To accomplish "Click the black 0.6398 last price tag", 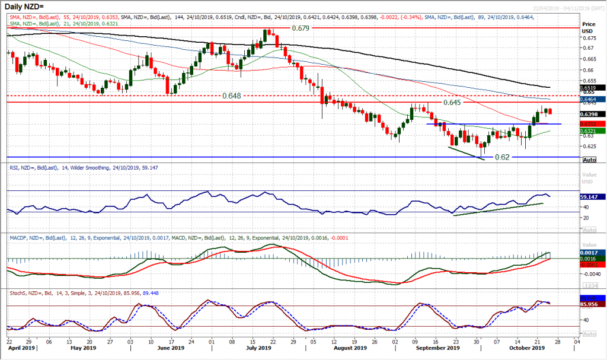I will click(593, 114).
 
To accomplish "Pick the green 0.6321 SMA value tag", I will click(593, 131).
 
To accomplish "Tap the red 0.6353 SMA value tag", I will click(593, 124).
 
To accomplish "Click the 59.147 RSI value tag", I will click(593, 196).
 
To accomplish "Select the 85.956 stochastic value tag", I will click(593, 304).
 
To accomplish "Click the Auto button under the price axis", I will click(590, 160).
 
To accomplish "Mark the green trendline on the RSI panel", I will click(499, 209).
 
